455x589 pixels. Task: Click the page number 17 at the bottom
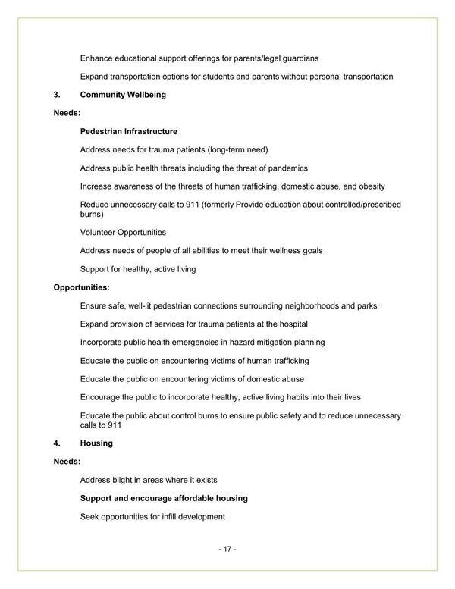227,548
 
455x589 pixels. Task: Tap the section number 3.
56,95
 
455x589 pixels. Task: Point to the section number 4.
56,443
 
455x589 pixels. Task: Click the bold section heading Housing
96,443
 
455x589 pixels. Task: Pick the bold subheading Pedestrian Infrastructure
129,131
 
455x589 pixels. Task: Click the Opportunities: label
81,287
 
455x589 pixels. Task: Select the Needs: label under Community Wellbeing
67,113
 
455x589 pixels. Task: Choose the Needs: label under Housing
67,461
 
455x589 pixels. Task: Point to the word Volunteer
100,232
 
